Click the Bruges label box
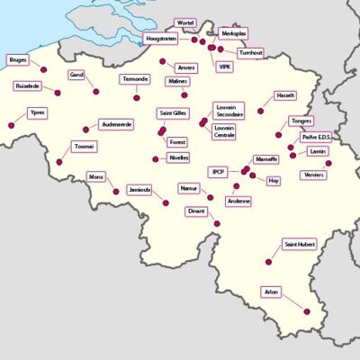point(17,60)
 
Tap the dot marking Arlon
point(308,311)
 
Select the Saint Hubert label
point(298,244)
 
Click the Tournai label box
point(84,146)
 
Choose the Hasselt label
point(285,94)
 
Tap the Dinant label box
point(196,211)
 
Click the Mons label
point(96,177)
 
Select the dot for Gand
point(95,90)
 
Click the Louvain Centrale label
point(224,132)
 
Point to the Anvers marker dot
point(163,62)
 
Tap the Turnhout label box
point(251,53)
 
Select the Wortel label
point(185,22)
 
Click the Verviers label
point(314,174)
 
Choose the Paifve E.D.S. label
point(316,138)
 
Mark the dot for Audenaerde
point(85,129)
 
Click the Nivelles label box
point(178,157)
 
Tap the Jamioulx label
point(139,190)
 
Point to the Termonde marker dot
point(137,97)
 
